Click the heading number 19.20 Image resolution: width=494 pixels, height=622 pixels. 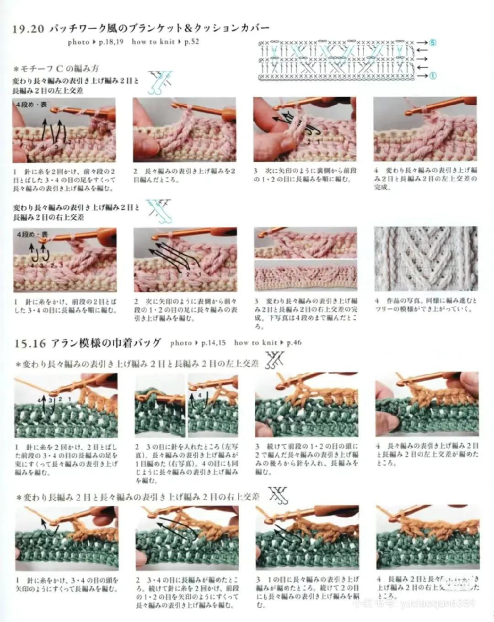(x=28, y=29)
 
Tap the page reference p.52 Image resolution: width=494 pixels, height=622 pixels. (x=192, y=42)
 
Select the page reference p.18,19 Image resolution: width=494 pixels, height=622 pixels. (x=111, y=42)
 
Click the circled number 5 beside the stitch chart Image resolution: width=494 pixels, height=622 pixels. (x=432, y=43)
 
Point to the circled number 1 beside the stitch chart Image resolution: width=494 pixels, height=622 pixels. (x=432, y=76)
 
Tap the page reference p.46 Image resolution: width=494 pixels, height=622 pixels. (x=294, y=343)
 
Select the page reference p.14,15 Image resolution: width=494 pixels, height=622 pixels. (x=213, y=343)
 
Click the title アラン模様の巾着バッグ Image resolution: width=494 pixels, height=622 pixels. (x=106, y=343)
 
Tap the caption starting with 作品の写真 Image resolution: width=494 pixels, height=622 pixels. (x=425, y=305)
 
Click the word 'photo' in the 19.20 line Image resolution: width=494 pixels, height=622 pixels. (x=78, y=42)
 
